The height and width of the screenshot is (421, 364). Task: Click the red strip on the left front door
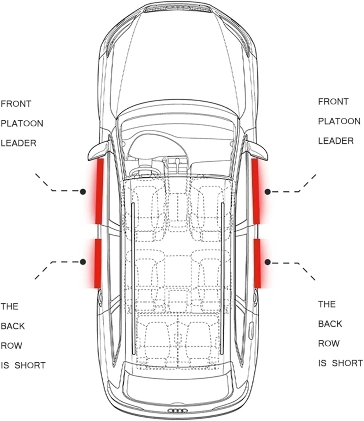point(99,191)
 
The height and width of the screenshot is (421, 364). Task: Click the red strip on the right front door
point(256,191)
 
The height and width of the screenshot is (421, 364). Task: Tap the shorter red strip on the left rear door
point(98,263)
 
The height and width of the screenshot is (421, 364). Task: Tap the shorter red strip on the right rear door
point(257,263)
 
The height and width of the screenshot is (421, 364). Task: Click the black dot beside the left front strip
point(83,191)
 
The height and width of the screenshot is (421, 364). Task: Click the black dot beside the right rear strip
point(268,262)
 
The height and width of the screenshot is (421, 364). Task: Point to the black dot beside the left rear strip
point(83,262)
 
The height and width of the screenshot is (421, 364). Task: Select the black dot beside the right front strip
point(268,192)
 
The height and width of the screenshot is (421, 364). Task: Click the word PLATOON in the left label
point(22,123)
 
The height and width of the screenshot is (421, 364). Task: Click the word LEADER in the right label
point(336,141)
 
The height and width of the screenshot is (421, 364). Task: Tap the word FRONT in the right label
point(333,102)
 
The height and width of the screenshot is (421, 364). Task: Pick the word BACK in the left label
point(13,326)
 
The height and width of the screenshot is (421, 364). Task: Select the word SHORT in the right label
point(347,363)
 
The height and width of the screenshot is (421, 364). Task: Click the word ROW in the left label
point(11,346)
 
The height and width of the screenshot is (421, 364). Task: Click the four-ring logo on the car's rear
point(177,411)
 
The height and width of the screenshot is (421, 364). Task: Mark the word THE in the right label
point(327,304)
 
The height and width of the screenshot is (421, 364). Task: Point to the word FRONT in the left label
point(16,104)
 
